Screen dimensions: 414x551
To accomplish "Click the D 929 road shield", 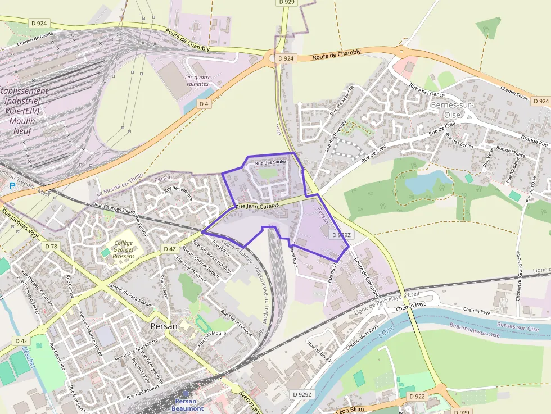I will pos(287,3).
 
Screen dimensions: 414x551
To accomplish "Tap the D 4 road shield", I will pos(204,104).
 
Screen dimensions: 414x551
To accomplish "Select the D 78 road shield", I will pos(51,246).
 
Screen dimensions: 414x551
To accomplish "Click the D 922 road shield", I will pos(417,397).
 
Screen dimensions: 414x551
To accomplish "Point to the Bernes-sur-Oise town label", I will pos(453,110).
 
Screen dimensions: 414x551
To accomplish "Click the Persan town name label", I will pos(164,326).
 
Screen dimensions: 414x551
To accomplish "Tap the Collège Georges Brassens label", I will pos(124,249).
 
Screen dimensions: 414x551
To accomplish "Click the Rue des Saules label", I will pos(270,162).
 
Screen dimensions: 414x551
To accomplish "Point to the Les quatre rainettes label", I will pos(197,81).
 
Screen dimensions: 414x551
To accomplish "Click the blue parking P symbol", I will pos(12,186).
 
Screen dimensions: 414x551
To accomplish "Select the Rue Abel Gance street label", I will pos(428,91).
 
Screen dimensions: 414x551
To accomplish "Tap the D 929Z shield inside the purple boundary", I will pos(341,235).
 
